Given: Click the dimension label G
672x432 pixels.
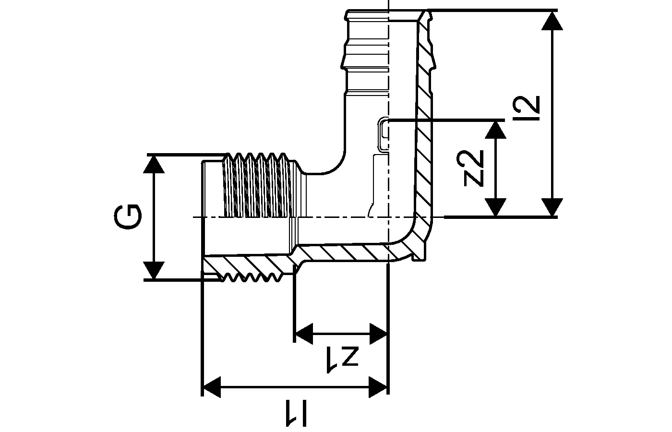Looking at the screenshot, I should click(x=129, y=217).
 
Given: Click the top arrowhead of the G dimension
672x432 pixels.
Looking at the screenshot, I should click(x=154, y=163).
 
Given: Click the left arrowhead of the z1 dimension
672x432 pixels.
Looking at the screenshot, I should click(x=303, y=332).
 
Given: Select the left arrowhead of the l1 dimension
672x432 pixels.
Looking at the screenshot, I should click(x=212, y=386).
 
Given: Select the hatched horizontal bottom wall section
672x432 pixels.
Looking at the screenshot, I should click(x=346, y=253).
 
